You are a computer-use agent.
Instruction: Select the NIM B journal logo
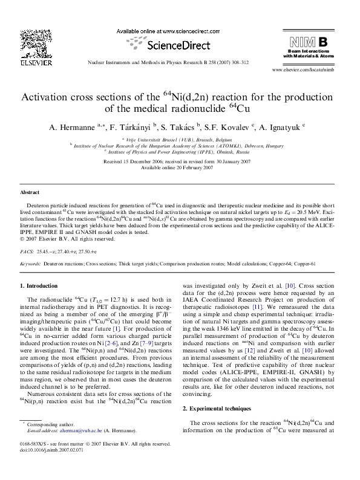[309, 42]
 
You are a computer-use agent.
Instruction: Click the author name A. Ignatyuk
[284, 128]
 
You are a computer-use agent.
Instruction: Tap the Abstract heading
[30, 192]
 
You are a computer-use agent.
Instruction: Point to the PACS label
[27, 250]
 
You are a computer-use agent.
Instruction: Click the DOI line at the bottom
[50, 465]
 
